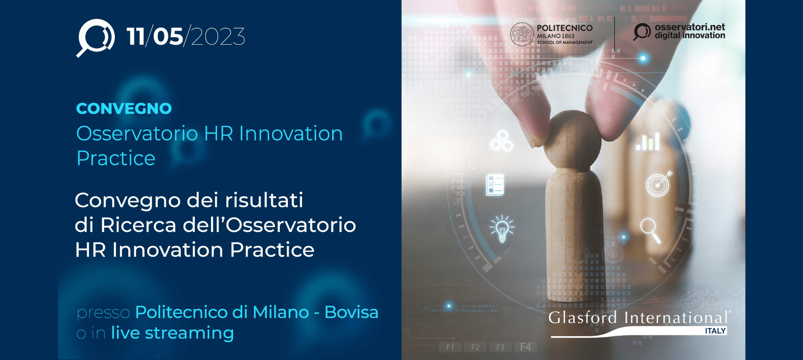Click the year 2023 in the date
(x=218, y=37)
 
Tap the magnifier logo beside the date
(x=96, y=37)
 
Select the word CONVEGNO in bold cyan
(x=124, y=109)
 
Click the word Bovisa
(x=351, y=312)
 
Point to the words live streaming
(x=172, y=333)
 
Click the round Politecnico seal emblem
(x=521, y=34)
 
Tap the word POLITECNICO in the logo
(x=564, y=28)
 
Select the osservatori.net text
(x=690, y=27)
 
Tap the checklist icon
(x=495, y=185)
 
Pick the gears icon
(x=501, y=140)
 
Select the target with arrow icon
(x=658, y=184)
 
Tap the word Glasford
(x=583, y=317)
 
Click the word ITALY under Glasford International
(x=715, y=331)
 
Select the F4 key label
(x=526, y=347)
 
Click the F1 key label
(x=450, y=347)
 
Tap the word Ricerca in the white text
(x=138, y=225)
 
